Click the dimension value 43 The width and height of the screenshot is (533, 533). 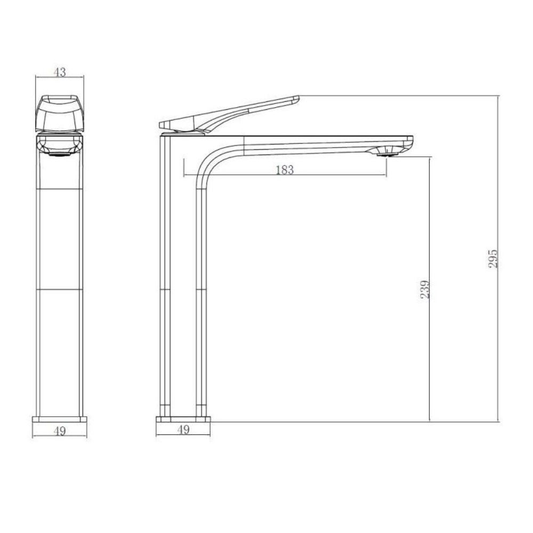click(60, 72)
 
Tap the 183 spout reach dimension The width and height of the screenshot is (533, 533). click(285, 169)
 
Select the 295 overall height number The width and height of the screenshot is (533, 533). click(492, 259)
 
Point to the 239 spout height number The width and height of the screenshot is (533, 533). click(425, 289)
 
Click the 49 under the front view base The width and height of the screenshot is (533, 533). click(60, 431)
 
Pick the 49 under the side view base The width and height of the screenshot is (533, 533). click(183, 430)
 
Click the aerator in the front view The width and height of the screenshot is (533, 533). click(60, 154)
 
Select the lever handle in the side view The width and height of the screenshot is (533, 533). click(229, 114)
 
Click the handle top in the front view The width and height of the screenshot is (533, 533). click(60, 114)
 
